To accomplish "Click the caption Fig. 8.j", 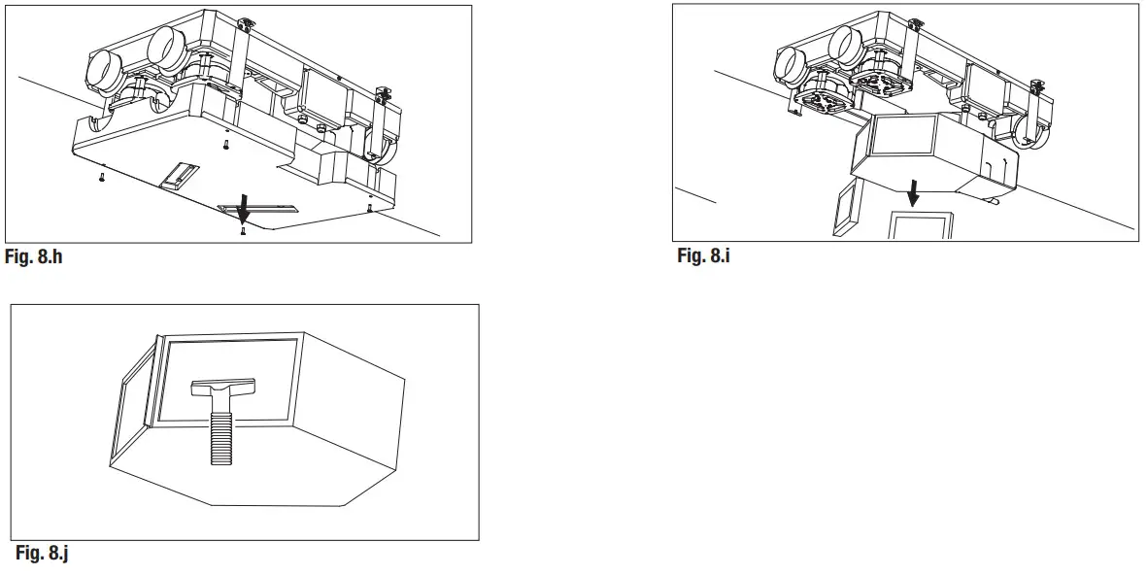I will [x=43, y=554].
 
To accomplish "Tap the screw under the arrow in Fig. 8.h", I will [x=243, y=230].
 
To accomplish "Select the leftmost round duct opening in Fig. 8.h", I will [x=100, y=69].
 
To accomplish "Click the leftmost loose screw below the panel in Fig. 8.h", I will [x=101, y=178].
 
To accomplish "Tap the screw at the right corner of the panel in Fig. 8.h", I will [x=369, y=206].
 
